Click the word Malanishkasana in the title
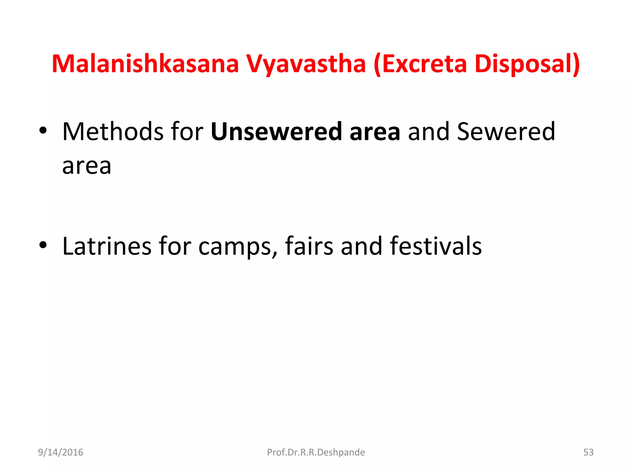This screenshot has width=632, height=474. [x=145, y=64]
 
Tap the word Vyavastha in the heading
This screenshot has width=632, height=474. [x=306, y=64]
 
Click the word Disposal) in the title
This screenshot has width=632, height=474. [x=527, y=64]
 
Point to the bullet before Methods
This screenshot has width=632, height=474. [x=43, y=131]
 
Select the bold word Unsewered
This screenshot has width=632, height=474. [x=276, y=132]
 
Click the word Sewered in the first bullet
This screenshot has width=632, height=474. [x=506, y=132]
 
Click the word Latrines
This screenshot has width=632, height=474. [x=107, y=246]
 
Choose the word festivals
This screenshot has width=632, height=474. [x=436, y=246]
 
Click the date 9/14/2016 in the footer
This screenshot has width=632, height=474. [x=60, y=452]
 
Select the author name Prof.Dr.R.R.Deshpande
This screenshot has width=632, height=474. [x=316, y=452]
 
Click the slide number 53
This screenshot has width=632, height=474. [x=588, y=452]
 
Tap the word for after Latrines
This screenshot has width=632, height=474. [x=175, y=246]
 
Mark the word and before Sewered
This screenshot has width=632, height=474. [x=429, y=132]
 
